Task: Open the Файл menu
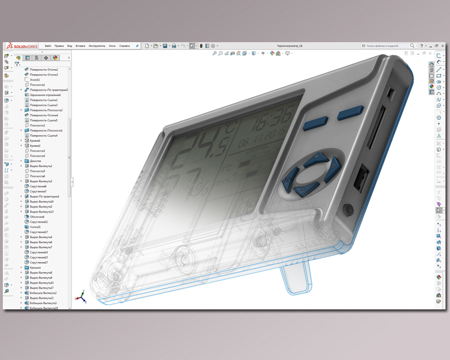click(48, 46)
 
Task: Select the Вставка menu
click(80, 46)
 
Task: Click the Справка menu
click(125, 46)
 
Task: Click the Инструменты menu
click(97, 46)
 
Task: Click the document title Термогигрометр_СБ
click(290, 46)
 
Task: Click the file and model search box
click(388, 46)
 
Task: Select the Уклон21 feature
click(35, 227)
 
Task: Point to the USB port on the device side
click(360, 179)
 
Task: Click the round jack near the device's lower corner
click(347, 210)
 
